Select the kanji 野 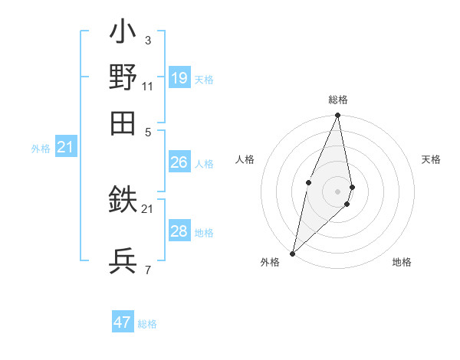[123, 77]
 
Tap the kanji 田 [123, 123]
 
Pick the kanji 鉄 [123, 201]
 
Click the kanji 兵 [123, 260]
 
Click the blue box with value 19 [179, 77]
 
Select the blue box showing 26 [179, 162]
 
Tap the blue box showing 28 [179, 231]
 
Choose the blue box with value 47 [123, 322]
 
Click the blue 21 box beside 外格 [65, 147]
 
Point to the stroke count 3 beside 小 [147, 40]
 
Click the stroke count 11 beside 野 [147, 86]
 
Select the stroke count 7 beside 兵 [147, 270]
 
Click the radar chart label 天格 [432, 159]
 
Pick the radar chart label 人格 [245, 159]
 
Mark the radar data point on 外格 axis [292, 253]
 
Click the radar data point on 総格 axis [337, 116]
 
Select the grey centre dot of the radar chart [337, 191]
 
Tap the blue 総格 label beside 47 [147, 324]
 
